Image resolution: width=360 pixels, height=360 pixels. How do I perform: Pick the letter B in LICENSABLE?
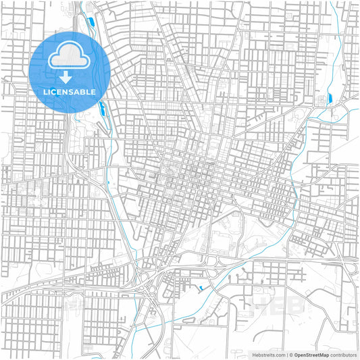click(x=83, y=91)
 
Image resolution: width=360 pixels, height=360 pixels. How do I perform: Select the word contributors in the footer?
click(x=343, y=354)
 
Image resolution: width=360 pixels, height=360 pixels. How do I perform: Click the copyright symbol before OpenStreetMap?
click(x=289, y=354)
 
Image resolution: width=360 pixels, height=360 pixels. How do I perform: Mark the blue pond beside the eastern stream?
click(x=330, y=99)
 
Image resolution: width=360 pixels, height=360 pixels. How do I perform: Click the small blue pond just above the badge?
click(x=91, y=24)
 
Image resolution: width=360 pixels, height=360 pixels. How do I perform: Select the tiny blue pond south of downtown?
click(x=200, y=290)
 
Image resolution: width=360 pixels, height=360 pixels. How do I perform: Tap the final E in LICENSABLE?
click(x=93, y=91)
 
